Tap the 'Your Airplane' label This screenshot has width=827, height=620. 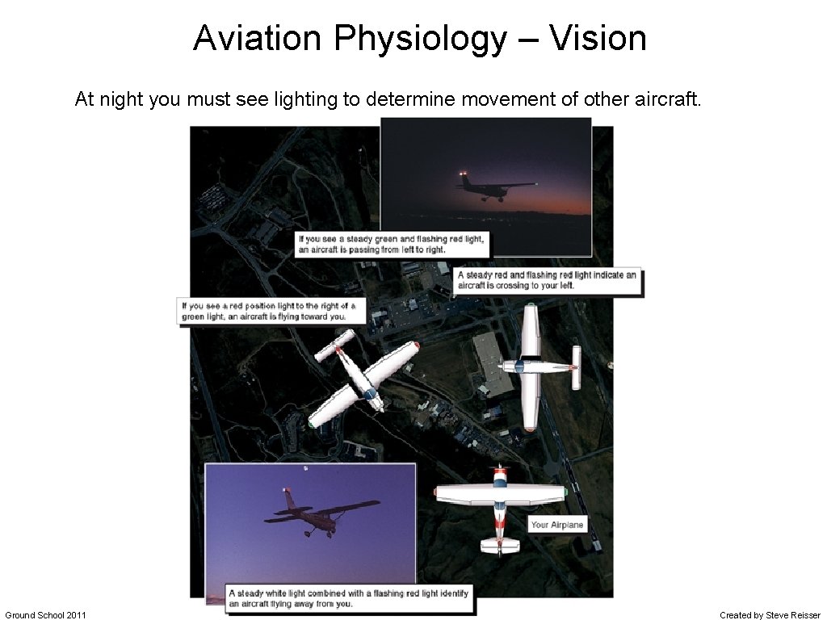click(556, 525)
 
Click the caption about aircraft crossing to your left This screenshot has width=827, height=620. click(547, 280)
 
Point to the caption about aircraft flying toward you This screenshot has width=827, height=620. click(267, 311)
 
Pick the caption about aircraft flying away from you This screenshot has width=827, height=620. click(347, 598)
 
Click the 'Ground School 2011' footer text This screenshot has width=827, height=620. click(45, 615)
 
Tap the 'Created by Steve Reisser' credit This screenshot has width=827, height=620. click(770, 615)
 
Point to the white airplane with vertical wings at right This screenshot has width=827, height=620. click(533, 367)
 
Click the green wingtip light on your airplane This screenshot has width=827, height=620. click(565, 491)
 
